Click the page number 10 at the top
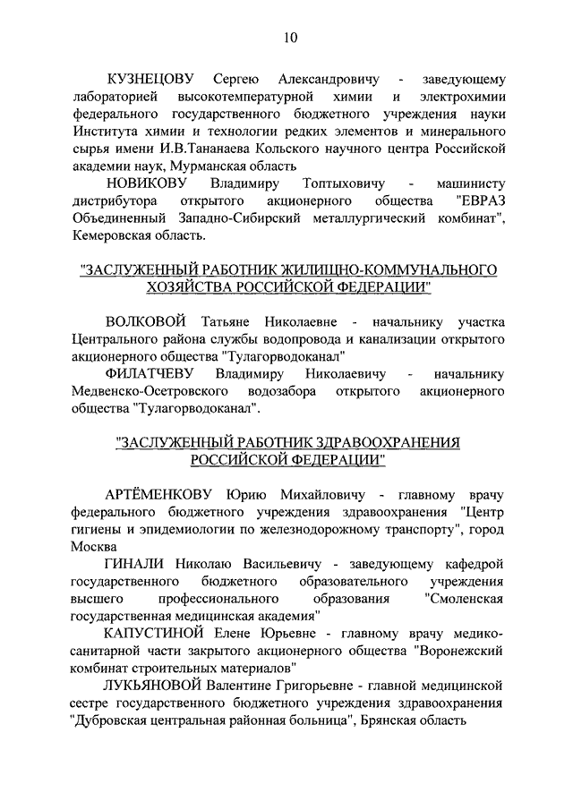pyautogui.click(x=290, y=37)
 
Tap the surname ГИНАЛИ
pyautogui.click(x=135, y=565)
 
